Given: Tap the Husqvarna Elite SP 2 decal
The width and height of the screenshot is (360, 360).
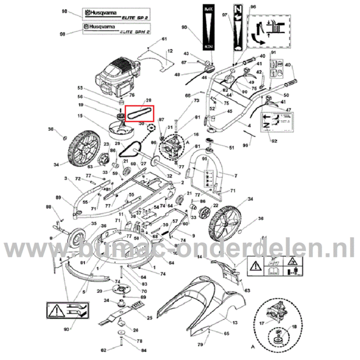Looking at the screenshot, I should pos(110,14).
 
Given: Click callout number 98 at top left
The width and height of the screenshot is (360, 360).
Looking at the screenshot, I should pos(64,11).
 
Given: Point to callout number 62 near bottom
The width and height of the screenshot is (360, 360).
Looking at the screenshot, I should pos(103,351).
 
